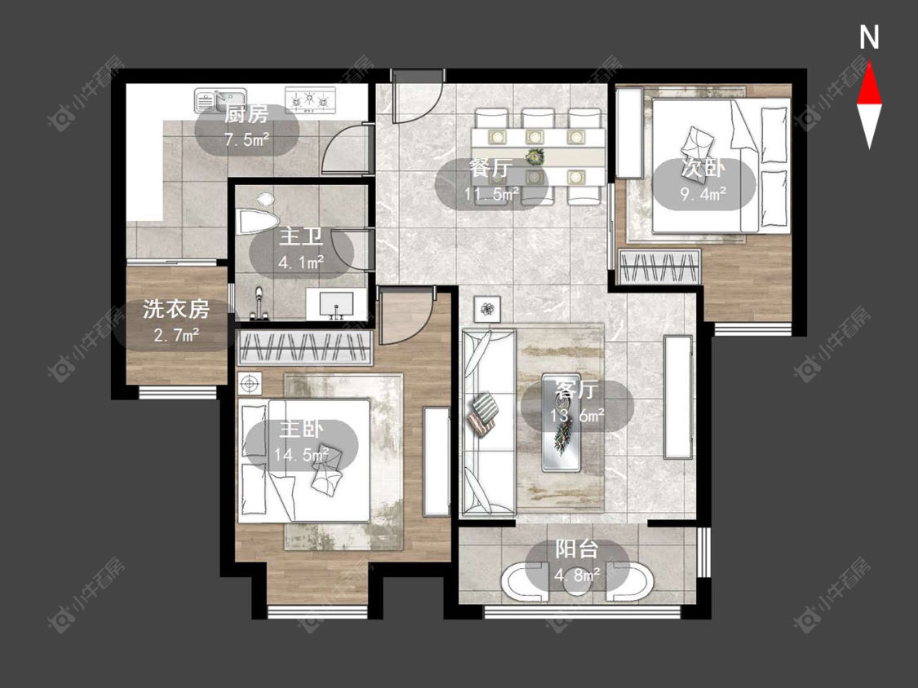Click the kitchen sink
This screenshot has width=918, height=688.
pyautogui.click(x=220, y=99)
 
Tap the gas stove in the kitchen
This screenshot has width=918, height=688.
pyautogui.click(x=310, y=99)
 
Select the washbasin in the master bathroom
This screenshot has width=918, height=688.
pyautogui.click(x=336, y=304)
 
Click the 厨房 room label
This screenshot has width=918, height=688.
pyautogui.click(x=246, y=115)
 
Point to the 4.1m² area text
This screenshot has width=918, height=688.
pyautogui.click(x=301, y=262)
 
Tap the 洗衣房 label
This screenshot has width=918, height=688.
pyautogui.click(x=176, y=309)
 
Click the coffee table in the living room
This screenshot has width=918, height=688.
pyautogui.click(x=561, y=421)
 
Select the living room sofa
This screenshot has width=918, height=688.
pyautogui.click(x=488, y=422)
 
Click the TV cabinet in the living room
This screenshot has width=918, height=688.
pyautogui.click(x=678, y=396)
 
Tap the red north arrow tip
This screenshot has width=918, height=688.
pyautogui.click(x=869, y=63)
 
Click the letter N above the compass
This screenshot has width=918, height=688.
pyautogui.click(x=869, y=37)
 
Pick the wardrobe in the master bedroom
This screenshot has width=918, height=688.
pyautogui.click(x=304, y=348)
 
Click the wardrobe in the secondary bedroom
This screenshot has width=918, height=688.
pyautogui.click(x=660, y=267)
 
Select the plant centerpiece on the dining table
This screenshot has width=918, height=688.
pyautogui.click(x=534, y=157)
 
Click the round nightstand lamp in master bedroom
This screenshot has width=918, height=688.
pyautogui.click(x=250, y=384)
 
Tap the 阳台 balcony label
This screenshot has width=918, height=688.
pyautogui.click(x=577, y=549)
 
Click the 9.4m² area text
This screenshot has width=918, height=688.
pyautogui.click(x=703, y=194)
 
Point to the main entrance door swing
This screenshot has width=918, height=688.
pyautogui.click(x=415, y=99)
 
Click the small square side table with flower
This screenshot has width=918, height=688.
pyautogui.click(x=487, y=309)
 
